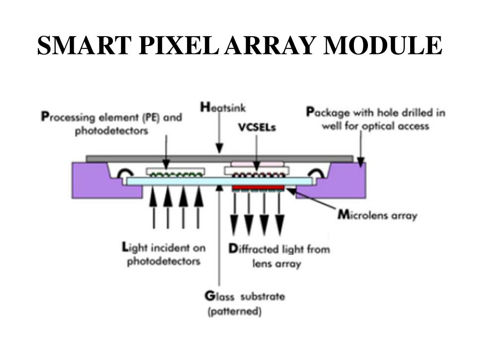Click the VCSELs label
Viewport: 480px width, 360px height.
(x=256, y=127)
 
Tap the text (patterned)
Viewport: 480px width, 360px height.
(x=234, y=311)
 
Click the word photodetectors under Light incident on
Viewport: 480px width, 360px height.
(x=164, y=261)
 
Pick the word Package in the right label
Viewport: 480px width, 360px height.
(x=325, y=112)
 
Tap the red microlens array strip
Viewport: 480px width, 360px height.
(x=258, y=187)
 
